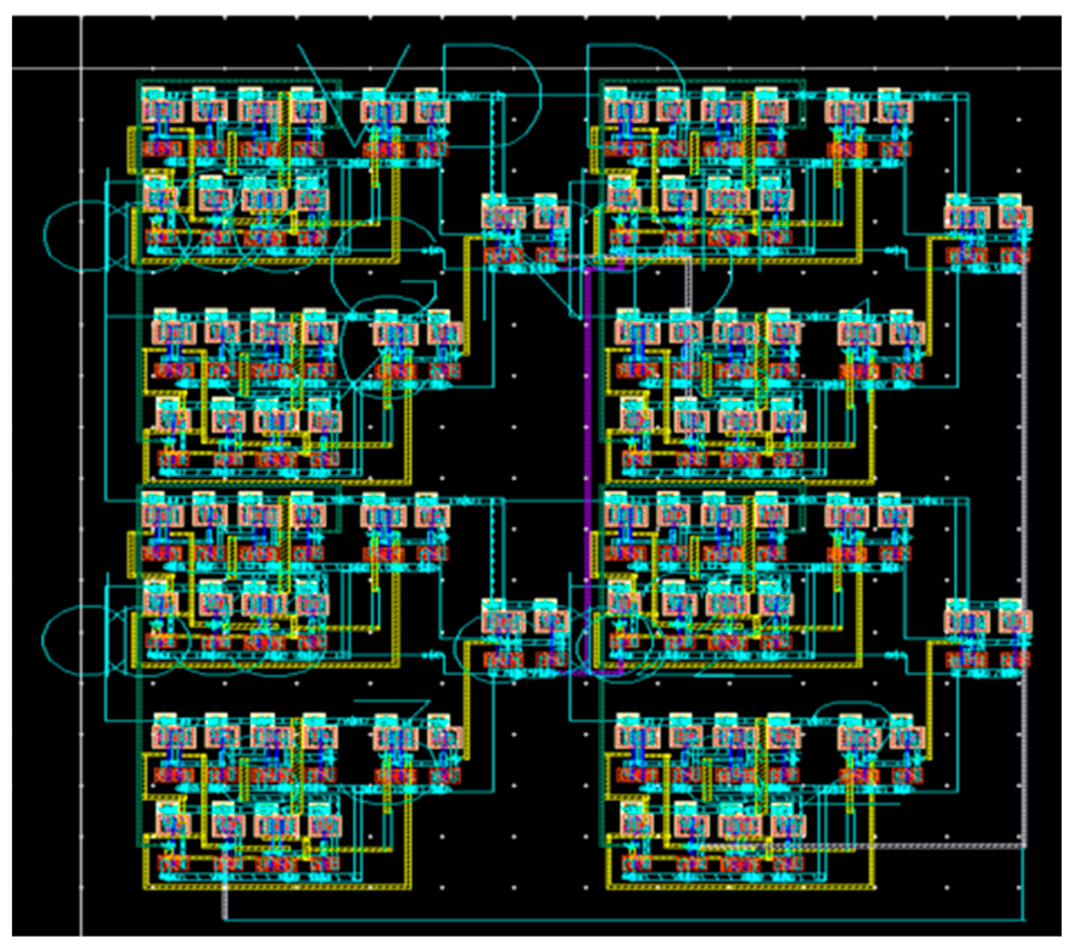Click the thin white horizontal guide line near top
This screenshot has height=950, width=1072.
pyautogui.click(x=556, y=68)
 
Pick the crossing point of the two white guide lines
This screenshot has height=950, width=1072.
pyautogui.click(x=82, y=68)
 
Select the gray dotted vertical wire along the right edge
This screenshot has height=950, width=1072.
pyautogui.click(x=1024, y=556)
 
